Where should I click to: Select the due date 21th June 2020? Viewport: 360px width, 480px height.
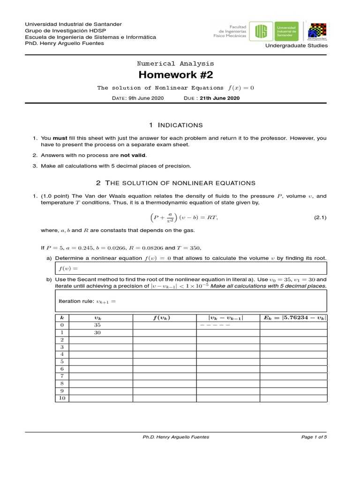click(219, 98)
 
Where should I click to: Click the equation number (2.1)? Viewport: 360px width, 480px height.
click(320, 218)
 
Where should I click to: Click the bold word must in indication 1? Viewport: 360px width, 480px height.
click(60, 138)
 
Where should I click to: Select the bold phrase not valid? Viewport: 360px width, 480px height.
click(133, 155)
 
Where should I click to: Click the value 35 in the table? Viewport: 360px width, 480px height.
click(97, 325)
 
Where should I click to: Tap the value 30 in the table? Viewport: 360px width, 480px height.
click(97, 332)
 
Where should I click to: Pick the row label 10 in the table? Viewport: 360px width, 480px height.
click(62, 398)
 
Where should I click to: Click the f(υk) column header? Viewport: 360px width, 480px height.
click(162, 317)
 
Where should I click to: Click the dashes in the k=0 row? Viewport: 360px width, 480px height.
click(215, 325)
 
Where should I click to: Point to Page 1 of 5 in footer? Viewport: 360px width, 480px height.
click(314, 437)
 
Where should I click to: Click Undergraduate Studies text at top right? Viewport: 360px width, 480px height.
click(297, 45)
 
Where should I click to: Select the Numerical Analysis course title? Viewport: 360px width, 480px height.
click(175, 63)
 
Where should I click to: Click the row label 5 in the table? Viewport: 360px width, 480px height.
click(62, 361)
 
